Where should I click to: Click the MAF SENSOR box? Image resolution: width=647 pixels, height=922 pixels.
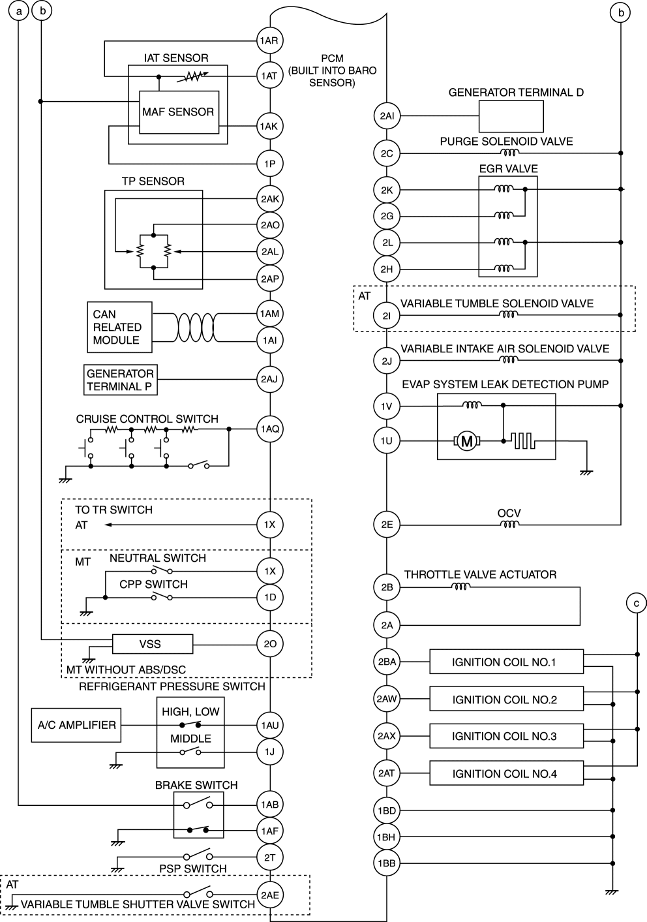[178, 112]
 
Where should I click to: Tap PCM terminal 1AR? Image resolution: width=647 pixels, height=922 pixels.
[269, 40]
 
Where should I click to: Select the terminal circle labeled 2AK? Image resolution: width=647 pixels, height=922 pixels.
[269, 199]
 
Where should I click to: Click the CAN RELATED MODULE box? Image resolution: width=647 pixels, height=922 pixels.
[119, 327]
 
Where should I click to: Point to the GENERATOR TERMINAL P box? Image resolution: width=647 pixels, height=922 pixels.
[121, 380]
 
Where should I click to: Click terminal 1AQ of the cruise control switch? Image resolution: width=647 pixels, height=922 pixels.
[269, 429]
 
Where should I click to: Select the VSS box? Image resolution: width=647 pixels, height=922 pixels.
[153, 644]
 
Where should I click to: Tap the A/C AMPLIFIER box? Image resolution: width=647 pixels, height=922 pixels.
[76, 725]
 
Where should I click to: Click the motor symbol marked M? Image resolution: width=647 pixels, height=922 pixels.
[467, 442]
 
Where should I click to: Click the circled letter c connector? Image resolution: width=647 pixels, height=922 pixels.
[637, 604]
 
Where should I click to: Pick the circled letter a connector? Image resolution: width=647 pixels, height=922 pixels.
[20, 11]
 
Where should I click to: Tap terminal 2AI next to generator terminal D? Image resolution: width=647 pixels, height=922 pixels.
[387, 116]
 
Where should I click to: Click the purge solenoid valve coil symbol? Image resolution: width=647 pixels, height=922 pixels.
[509, 153]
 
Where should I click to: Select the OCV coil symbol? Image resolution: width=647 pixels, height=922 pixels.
[509, 524]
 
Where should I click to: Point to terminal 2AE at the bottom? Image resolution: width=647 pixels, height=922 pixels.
[269, 895]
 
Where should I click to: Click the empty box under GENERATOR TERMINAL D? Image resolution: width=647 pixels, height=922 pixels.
[511, 116]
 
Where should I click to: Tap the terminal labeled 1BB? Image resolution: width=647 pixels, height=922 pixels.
[387, 863]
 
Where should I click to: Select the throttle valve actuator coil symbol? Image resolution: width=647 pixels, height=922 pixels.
[460, 587]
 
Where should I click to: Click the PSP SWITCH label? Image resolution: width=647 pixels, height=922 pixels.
[193, 868]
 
